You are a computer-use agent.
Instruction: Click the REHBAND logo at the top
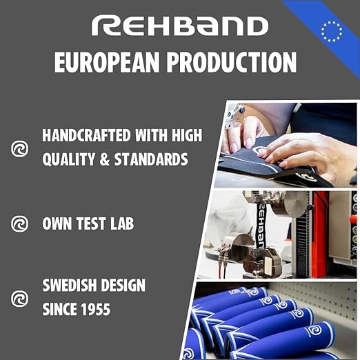(180, 26)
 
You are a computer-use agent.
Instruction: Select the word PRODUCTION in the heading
(239, 62)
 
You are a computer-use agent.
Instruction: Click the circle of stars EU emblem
(332, 30)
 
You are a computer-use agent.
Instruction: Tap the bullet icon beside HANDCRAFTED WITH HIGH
(21, 148)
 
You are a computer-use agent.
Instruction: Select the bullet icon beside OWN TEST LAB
(21, 223)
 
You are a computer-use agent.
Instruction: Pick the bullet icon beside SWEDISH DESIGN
(21, 298)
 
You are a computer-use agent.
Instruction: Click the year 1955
(93, 310)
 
